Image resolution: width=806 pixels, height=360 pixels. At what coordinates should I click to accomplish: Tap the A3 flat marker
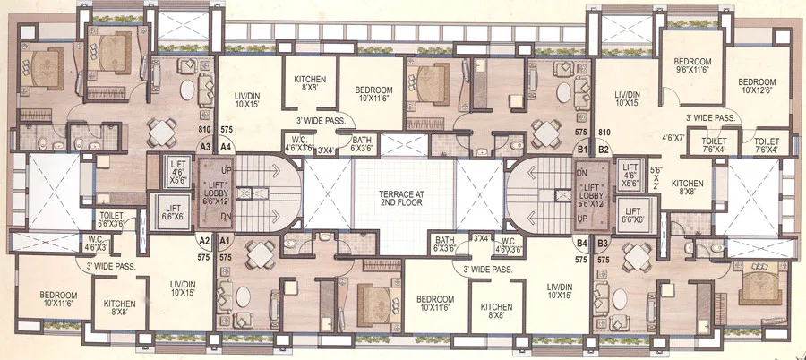click(204, 146)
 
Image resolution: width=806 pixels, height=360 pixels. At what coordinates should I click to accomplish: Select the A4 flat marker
click(227, 146)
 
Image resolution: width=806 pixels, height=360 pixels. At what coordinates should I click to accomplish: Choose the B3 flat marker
click(604, 243)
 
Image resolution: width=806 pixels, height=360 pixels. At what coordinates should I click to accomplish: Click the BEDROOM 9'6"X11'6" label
click(692, 67)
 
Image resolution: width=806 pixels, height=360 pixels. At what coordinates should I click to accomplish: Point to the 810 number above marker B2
click(604, 133)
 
